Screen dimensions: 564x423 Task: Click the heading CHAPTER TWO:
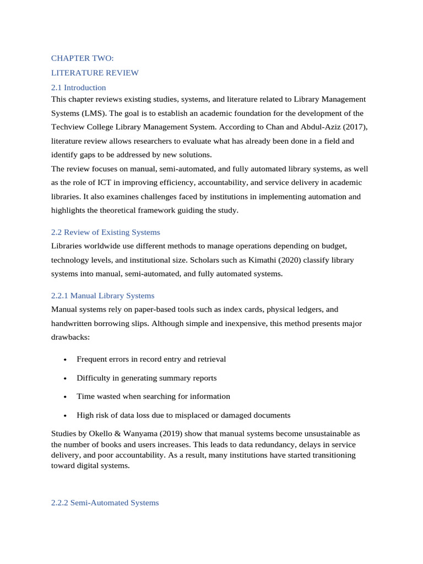[x=82, y=58]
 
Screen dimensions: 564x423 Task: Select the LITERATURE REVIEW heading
[x=95, y=73]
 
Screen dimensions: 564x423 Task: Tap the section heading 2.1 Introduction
[x=78, y=88]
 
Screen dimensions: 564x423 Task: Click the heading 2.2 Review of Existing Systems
[x=105, y=232]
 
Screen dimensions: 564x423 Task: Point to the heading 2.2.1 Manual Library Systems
[x=102, y=296]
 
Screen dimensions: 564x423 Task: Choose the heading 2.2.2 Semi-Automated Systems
[x=105, y=502]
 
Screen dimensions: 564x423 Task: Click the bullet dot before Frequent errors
[x=65, y=360]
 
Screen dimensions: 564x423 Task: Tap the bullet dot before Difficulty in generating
[x=65, y=378]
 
